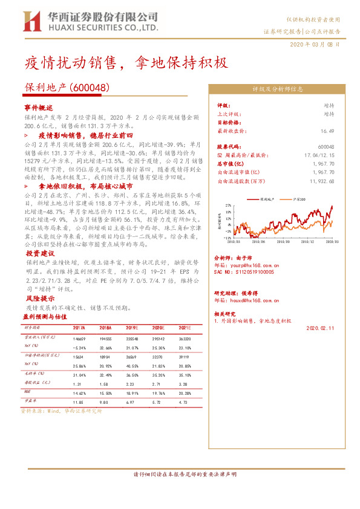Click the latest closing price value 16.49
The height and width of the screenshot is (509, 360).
pyautogui.click(x=327, y=131)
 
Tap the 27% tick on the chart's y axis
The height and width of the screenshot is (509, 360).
pyautogui.click(x=227, y=206)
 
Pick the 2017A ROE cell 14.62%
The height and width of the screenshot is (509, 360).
pyautogui.click(x=78, y=392)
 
